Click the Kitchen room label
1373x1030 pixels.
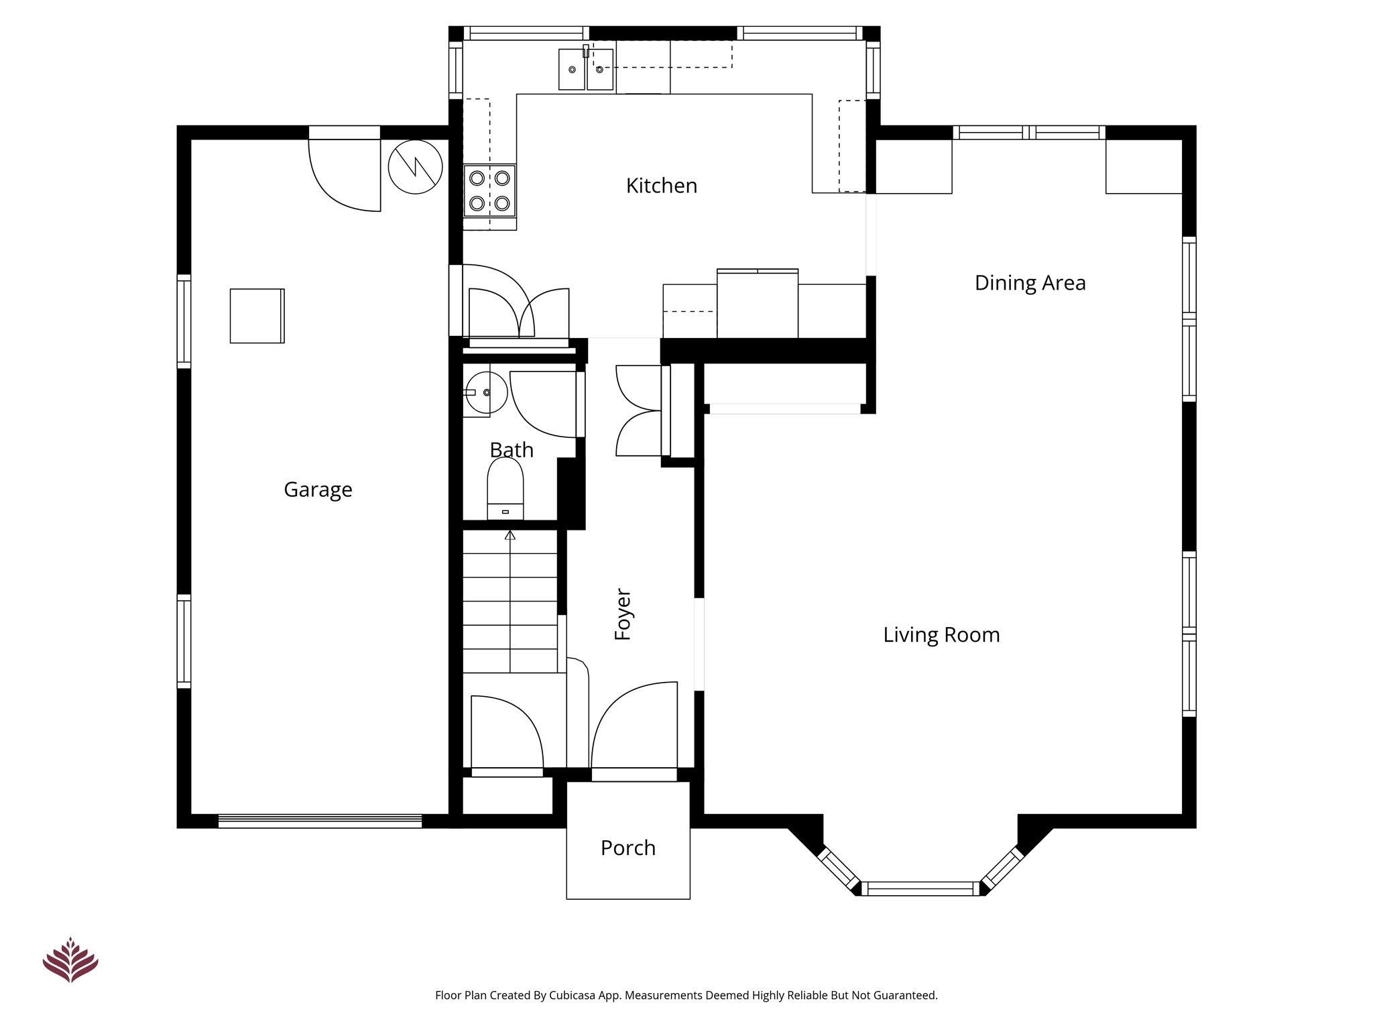click(x=662, y=186)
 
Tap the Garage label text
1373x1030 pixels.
click(x=318, y=490)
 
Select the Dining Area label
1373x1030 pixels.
click(x=1030, y=283)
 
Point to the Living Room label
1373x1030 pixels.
click(x=941, y=634)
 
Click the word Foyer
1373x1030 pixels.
click(x=623, y=614)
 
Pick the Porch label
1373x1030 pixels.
click(x=628, y=848)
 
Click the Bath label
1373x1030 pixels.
click(x=512, y=449)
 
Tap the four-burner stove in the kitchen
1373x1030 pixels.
click(x=489, y=190)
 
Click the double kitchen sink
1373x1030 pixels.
click(x=586, y=69)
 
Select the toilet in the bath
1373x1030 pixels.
click(x=505, y=489)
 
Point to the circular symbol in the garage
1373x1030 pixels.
click(x=416, y=167)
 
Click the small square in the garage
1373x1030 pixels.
click(x=257, y=316)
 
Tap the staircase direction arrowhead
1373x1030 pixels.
click(x=510, y=535)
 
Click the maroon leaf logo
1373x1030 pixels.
click(x=70, y=960)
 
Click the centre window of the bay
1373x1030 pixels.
click(x=921, y=889)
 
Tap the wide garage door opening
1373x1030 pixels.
click(x=320, y=821)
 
